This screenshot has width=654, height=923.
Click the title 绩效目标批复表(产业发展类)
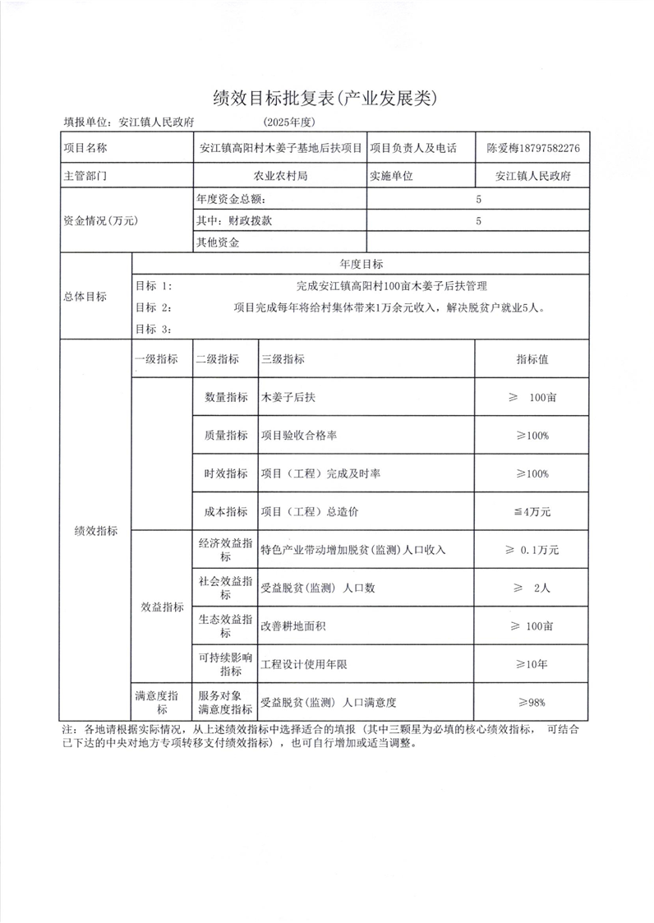[x=327, y=98]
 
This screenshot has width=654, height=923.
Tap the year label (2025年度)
[x=290, y=122]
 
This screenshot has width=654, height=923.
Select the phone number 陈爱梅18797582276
[x=533, y=149]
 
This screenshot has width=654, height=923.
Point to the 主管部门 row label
[x=85, y=175]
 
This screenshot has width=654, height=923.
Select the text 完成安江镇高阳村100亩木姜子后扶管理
[x=392, y=286]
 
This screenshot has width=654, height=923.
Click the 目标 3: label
[x=154, y=329]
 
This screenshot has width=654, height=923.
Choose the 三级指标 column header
[x=283, y=359]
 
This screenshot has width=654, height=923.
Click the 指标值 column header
[x=532, y=359]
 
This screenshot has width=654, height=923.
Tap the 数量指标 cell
[x=225, y=397]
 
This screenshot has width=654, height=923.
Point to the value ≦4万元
[x=532, y=511]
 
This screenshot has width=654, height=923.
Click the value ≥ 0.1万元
[x=532, y=549]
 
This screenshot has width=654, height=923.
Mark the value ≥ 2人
[x=532, y=588]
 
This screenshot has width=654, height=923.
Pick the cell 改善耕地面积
[x=293, y=625]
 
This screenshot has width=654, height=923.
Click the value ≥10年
[x=532, y=663]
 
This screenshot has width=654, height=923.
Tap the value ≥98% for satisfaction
[x=532, y=702]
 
